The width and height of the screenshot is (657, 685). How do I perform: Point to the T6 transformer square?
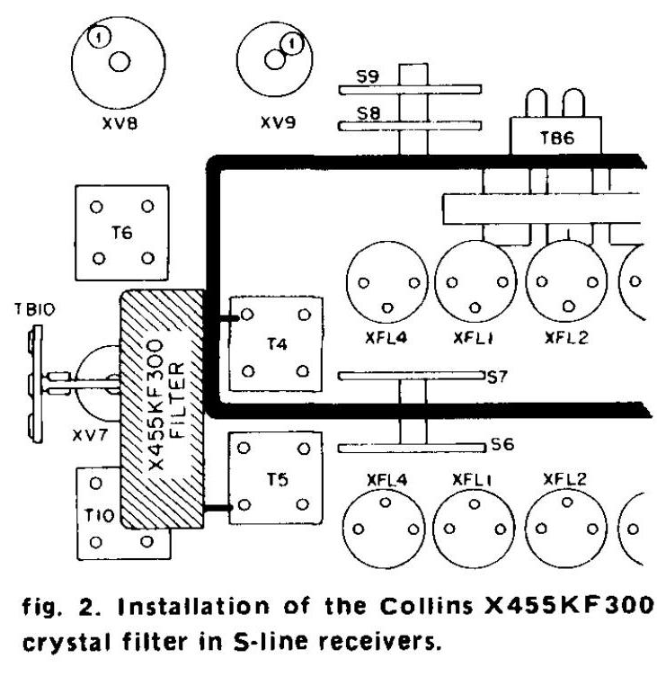(121, 232)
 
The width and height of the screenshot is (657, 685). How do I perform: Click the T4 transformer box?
(276, 342)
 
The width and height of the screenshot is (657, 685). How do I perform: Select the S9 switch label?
(366, 76)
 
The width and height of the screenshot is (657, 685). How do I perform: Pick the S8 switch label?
(366, 114)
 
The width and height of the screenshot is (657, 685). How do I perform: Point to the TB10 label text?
(36, 311)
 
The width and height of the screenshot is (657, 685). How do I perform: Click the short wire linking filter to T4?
(221, 316)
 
